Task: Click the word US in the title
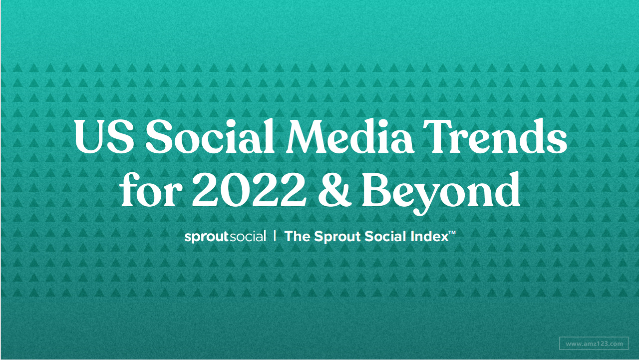(x=104, y=136)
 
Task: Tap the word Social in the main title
(x=210, y=136)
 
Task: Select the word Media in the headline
(x=350, y=136)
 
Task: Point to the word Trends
(x=495, y=136)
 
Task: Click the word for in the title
(x=151, y=189)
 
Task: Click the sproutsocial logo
(x=225, y=237)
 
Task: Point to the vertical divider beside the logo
(x=275, y=236)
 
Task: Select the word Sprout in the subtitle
(x=337, y=237)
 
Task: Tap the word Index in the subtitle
(x=430, y=237)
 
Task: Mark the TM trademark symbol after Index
(x=452, y=233)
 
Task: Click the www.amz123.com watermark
(x=594, y=344)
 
